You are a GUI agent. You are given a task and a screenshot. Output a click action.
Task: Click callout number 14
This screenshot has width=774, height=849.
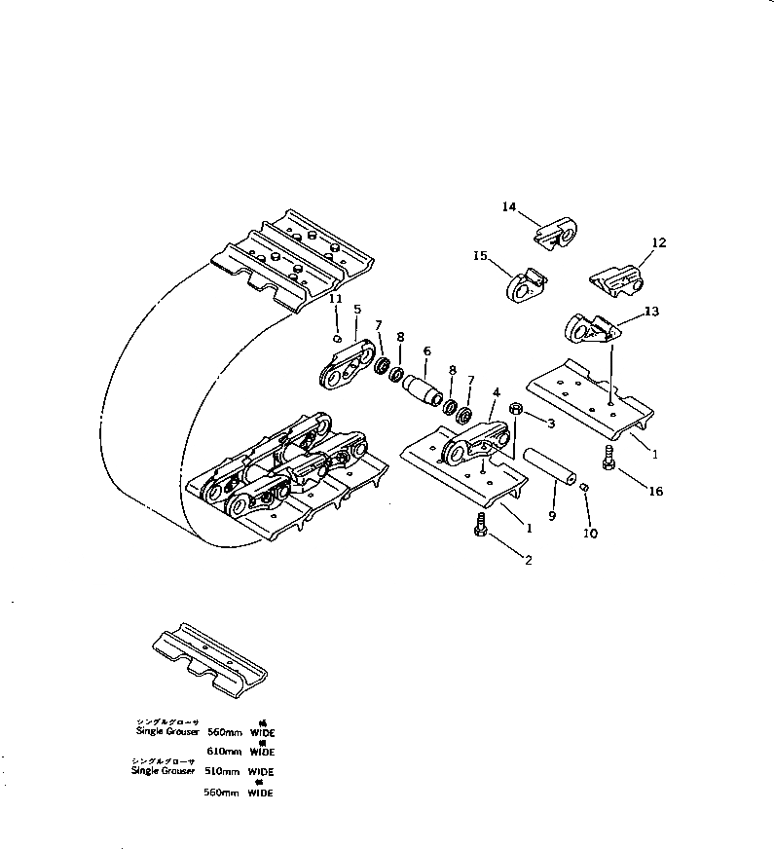coord(508,206)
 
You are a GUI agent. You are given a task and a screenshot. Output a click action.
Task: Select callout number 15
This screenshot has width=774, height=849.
coord(480,255)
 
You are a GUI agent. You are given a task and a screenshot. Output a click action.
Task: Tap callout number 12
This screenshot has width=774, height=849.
coord(659,242)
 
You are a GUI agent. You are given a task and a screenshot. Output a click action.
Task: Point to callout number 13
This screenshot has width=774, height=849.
coord(651,312)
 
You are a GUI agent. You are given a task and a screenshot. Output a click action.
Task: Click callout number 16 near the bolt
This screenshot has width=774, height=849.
coord(656,492)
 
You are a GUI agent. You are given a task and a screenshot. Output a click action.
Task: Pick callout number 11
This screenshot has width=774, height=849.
coord(335,298)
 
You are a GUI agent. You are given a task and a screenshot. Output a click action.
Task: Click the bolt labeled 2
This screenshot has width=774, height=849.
coord(481,526)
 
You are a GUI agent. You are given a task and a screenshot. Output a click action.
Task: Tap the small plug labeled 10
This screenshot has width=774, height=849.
coord(585,487)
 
